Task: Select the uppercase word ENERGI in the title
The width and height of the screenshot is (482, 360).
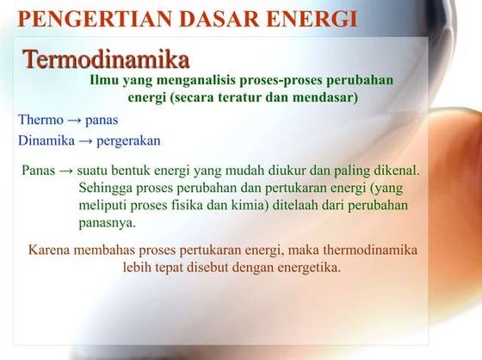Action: pos(306,18)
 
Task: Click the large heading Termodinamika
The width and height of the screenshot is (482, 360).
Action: pos(105,59)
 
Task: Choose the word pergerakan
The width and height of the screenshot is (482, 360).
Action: pos(129,140)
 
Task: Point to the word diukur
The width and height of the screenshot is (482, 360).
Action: pos(275,171)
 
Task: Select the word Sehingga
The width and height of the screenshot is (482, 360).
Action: pos(105,188)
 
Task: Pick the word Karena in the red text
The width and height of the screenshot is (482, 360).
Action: pos(51,251)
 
